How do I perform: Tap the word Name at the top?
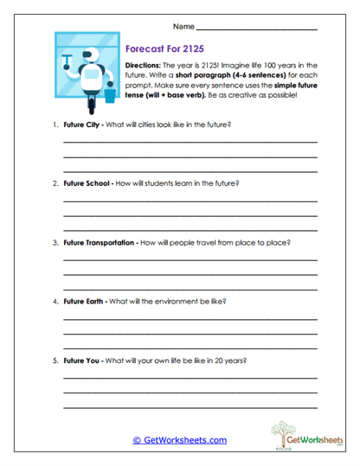click(x=183, y=26)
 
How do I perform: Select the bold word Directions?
click(x=144, y=66)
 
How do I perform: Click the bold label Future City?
click(x=85, y=124)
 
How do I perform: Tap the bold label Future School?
click(x=89, y=183)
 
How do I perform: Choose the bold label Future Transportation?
click(x=100, y=243)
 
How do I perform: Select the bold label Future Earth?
click(x=86, y=302)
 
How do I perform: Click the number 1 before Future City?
click(x=54, y=124)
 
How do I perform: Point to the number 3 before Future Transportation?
click(x=54, y=243)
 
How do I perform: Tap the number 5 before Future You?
click(x=54, y=361)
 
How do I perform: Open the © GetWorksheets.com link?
click(x=180, y=439)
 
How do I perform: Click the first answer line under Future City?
click(x=190, y=142)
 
